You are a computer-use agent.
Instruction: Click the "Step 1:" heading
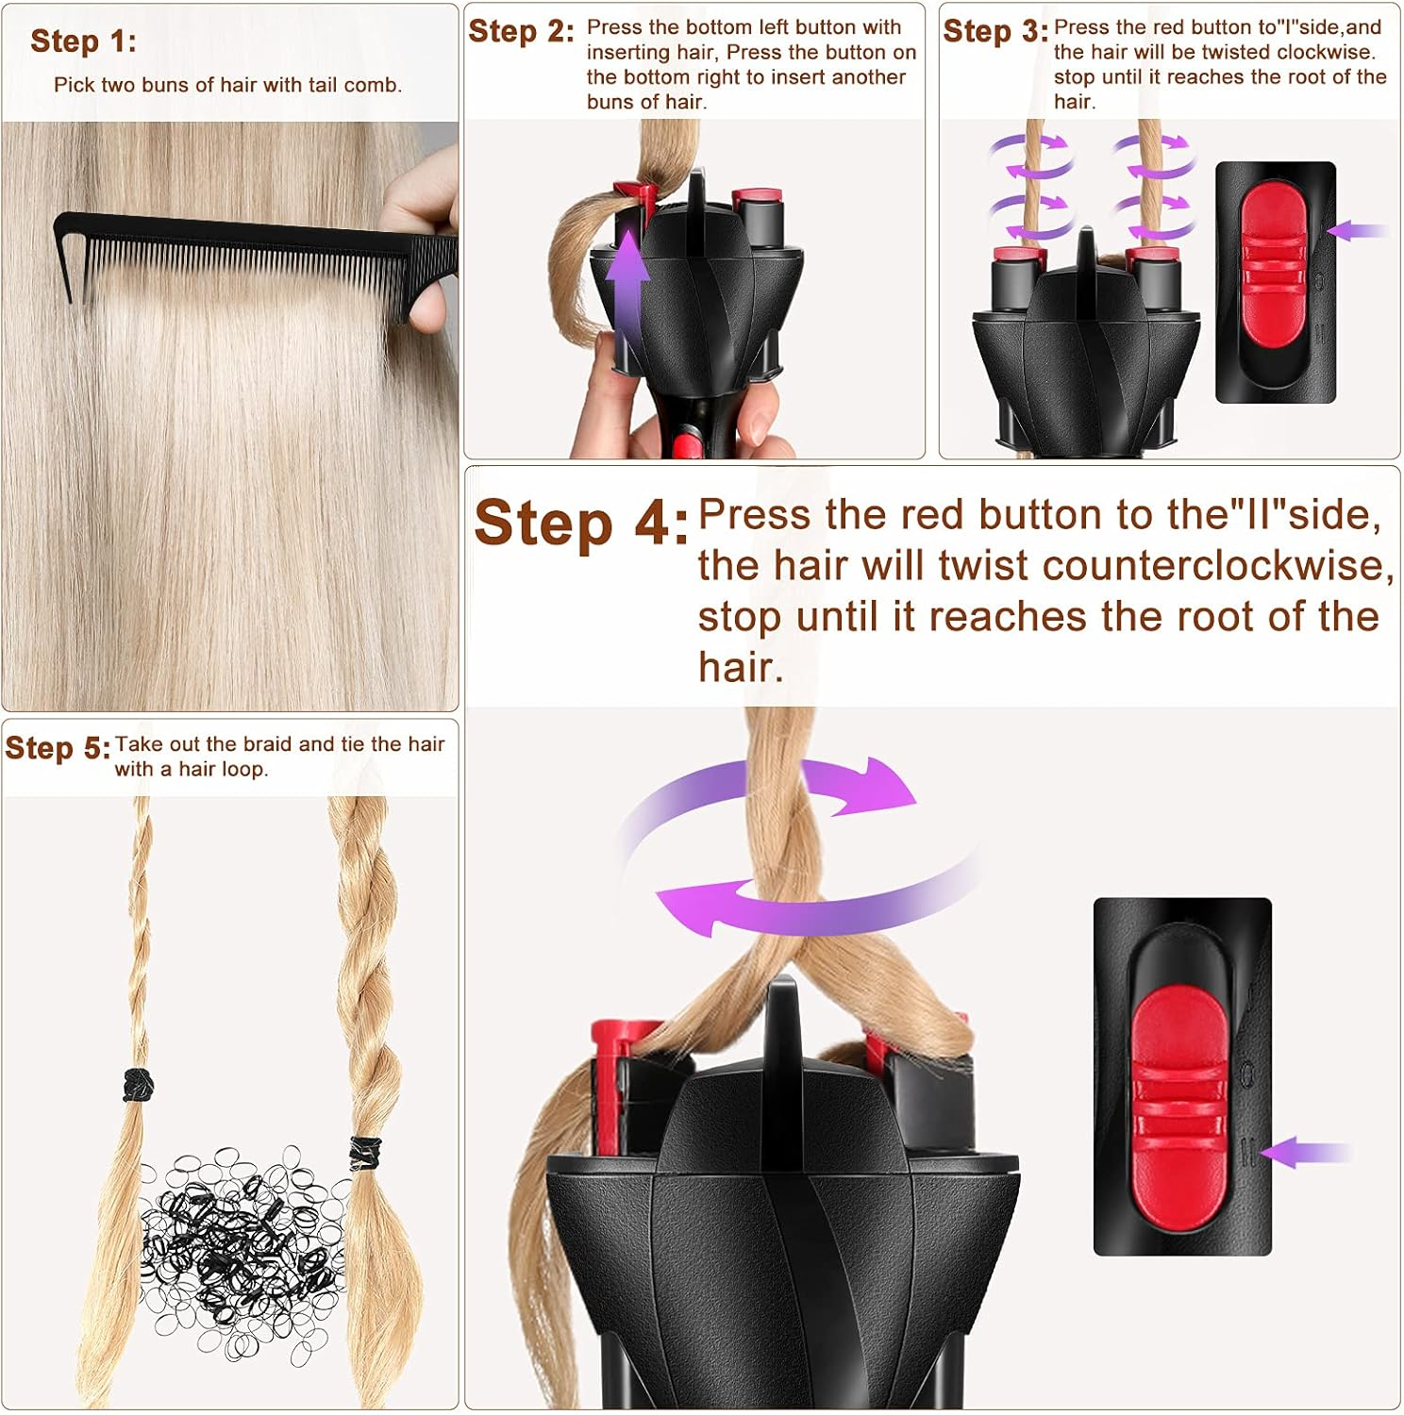(x=83, y=42)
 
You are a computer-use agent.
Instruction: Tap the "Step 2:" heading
(x=521, y=31)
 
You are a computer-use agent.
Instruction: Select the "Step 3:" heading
(x=995, y=31)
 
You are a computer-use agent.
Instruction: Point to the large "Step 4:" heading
(x=580, y=524)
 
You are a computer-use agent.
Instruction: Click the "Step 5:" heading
(x=58, y=748)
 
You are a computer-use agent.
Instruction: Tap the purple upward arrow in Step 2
(x=627, y=283)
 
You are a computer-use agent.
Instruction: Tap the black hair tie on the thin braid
(x=138, y=1085)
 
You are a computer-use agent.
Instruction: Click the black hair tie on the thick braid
(x=365, y=1153)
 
